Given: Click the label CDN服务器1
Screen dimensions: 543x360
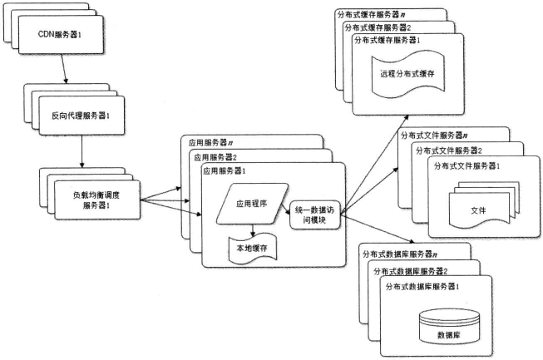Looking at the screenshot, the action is pos(60,35).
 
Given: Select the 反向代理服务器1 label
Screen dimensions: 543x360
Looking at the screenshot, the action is pos(81,116).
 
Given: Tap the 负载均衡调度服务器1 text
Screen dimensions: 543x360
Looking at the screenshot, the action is pos(96,200).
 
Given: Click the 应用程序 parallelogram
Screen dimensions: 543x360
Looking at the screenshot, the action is pos(252,204).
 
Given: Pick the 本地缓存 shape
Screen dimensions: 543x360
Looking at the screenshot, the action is pos(253,248).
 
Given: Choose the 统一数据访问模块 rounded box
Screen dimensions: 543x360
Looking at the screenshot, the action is pos(315,215).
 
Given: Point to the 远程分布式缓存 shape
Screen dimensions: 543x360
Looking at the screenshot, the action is pos(407,75).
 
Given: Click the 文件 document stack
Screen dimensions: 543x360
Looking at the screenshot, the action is pos(483,205).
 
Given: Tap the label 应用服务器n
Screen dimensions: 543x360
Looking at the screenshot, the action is pos(210,142).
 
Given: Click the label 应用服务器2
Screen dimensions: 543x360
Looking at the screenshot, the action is pos(215,157).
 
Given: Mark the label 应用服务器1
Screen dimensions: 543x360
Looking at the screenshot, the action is pos(224,171).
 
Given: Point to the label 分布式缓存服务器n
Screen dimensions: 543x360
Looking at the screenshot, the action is pos(372,14).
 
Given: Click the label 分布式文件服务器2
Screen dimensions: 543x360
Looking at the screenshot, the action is pos(449,150).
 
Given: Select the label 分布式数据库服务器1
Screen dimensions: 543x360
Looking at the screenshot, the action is pos(422,287).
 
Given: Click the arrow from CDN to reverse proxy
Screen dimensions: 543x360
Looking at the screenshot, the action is pos(64,68).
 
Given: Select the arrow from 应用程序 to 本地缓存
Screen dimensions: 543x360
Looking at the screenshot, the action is pos(253,230).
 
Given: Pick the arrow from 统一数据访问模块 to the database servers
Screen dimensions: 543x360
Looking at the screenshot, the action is pos(378,229).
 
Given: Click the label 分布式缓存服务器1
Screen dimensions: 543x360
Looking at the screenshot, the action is pos(388,40).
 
